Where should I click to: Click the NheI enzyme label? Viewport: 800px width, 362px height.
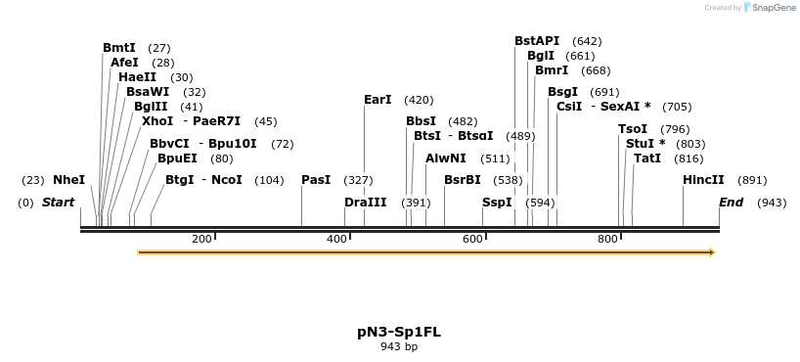[68, 180]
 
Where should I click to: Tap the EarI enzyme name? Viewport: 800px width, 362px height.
[377, 100]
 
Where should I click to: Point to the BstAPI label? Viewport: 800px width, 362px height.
[537, 41]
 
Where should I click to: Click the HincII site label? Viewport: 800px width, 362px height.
[703, 180]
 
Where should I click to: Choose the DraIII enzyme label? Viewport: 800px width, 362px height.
[365, 203]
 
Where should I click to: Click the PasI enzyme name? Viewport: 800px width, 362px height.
[316, 180]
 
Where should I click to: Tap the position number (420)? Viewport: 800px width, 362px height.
[419, 100]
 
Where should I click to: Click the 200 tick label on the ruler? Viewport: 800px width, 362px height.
[202, 240]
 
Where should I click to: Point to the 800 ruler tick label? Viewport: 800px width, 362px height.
[607, 240]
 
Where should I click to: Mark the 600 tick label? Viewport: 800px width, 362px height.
[472, 240]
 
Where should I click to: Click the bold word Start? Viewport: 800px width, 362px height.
[58, 203]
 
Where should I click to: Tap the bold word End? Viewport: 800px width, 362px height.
[731, 203]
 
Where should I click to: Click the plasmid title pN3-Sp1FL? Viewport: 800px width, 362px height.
[399, 332]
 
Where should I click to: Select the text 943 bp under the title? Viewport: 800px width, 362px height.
[399, 346]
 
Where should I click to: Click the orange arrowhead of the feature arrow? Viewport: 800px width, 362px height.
[711, 252]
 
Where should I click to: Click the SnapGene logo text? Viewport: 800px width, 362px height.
[774, 8]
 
